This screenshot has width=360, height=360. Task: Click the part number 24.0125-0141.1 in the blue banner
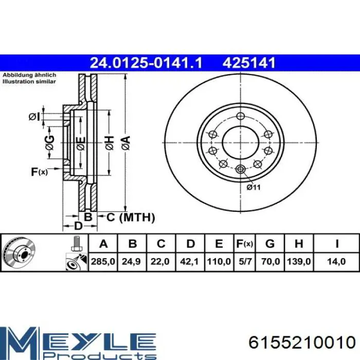146,63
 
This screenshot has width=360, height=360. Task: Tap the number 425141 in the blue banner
248,63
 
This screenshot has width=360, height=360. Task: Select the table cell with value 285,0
103,262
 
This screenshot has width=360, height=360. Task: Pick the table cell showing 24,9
132,262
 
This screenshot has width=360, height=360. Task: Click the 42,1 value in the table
189,262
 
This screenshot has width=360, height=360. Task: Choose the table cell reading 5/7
245,262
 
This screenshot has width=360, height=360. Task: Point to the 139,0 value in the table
299,262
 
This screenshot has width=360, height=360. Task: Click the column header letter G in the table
270,243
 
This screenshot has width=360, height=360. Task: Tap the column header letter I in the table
336,243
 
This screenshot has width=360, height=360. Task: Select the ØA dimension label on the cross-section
127,143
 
